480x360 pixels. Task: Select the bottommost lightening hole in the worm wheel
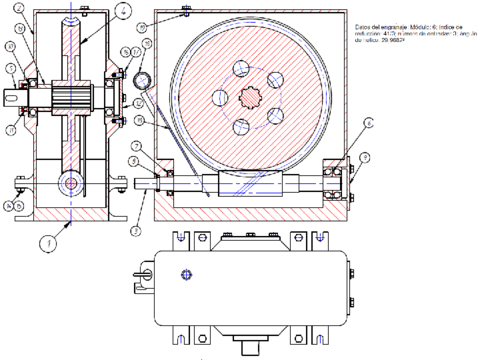coord(242,131)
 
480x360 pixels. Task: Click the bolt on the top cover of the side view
coord(187,12)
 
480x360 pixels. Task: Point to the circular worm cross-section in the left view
coord(71,182)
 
